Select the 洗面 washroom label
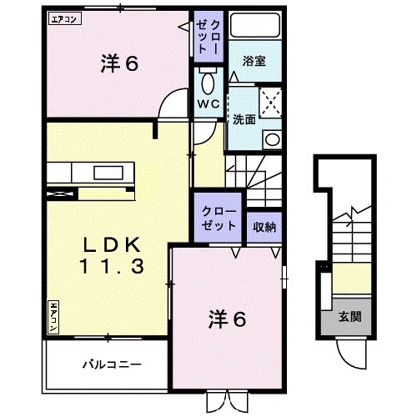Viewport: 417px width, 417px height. click(x=244, y=118)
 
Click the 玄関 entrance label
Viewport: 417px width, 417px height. click(x=349, y=317)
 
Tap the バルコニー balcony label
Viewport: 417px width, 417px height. click(x=111, y=364)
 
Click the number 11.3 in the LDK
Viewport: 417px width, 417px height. click(x=113, y=268)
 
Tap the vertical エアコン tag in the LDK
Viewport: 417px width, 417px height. click(x=53, y=314)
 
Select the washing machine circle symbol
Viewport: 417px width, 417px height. click(x=271, y=139)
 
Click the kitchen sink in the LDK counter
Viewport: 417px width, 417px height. click(x=105, y=173)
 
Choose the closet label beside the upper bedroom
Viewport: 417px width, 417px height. click(x=208, y=38)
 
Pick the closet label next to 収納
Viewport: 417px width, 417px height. click(x=219, y=219)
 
